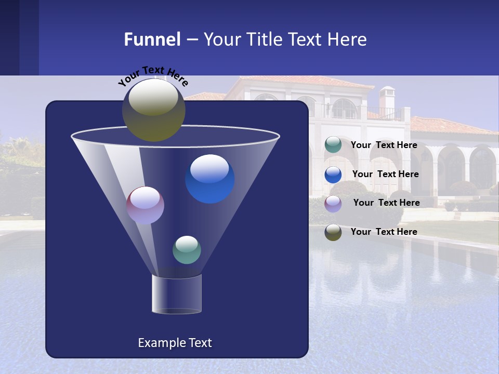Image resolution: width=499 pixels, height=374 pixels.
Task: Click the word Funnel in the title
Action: pos(152,39)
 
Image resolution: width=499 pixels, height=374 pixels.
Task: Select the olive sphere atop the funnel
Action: pos(153,110)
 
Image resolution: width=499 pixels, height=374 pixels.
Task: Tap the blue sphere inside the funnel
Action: pos(210,179)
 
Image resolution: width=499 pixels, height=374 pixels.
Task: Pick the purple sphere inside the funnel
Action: pos(145,205)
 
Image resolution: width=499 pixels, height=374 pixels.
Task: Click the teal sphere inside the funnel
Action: pos(187,249)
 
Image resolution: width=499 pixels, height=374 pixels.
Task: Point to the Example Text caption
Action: pos(175,343)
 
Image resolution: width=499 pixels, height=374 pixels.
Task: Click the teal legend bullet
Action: pos(333,145)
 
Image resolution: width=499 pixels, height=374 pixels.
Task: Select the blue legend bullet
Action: pos(333,175)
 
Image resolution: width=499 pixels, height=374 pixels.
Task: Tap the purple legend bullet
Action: pos(333,203)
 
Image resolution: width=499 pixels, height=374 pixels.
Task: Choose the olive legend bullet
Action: pos(333,232)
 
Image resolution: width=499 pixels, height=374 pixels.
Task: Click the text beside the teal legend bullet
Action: pos(384,145)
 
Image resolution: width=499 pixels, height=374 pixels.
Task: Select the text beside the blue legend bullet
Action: pos(385,175)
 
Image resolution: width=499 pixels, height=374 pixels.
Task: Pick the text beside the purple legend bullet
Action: pos(386,203)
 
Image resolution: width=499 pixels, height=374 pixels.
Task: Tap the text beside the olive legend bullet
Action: pos(384,232)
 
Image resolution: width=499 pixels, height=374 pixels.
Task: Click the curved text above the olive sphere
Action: pos(153,75)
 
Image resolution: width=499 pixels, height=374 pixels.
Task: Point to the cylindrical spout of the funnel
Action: pos(177,295)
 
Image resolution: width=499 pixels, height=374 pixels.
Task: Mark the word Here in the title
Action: pos(347,39)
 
